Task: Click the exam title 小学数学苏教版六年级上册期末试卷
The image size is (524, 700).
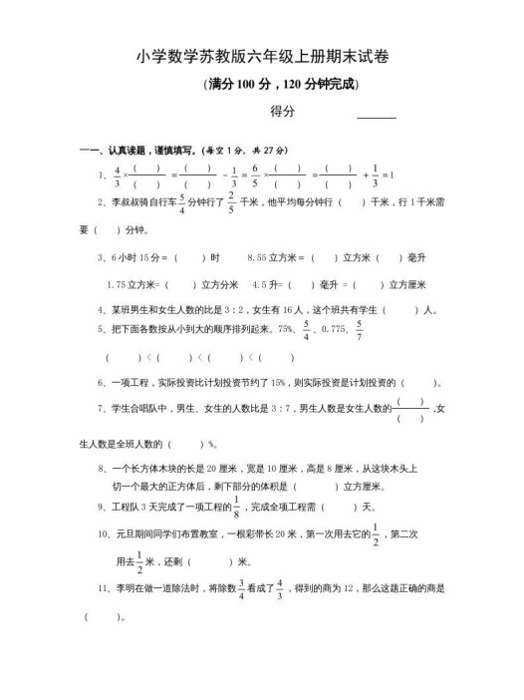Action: (x=261, y=59)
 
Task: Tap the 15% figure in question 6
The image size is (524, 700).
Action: (x=266, y=381)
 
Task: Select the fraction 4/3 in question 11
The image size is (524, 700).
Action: (x=280, y=591)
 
